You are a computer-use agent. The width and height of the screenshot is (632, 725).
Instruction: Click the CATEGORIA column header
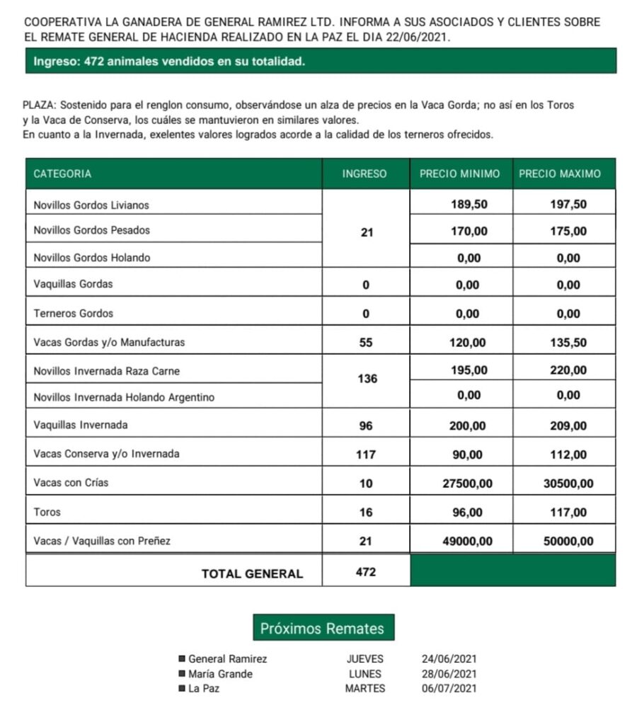point(62,174)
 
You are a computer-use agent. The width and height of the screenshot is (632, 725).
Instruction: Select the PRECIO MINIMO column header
point(459,174)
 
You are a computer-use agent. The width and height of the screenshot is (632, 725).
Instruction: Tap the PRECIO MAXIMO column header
point(559,174)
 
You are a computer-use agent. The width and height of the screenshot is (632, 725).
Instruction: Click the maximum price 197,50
point(568,205)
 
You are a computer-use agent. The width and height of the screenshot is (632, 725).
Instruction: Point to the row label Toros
point(47,512)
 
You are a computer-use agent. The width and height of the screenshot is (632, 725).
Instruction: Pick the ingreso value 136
point(367,379)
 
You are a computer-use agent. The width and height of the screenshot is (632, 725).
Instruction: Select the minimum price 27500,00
point(468,484)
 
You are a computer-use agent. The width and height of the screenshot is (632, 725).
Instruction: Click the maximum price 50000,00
point(568,542)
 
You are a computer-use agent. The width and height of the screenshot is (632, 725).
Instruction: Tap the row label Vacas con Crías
point(71,483)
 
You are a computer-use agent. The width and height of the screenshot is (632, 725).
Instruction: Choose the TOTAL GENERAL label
point(252,574)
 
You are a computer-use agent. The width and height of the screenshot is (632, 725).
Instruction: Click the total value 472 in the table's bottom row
point(366,572)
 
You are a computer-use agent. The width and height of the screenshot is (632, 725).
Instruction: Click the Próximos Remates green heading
point(322,628)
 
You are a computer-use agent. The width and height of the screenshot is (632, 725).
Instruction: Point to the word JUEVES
point(365,659)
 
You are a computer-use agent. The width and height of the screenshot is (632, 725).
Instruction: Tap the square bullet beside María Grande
point(182,674)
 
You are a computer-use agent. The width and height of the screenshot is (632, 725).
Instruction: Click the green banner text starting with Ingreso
point(169,62)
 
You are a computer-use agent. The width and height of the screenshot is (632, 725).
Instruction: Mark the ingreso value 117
point(366,455)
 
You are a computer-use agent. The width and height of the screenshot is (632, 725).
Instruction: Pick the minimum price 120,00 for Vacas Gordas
point(469,343)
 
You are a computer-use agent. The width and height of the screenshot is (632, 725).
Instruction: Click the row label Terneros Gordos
point(73,314)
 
